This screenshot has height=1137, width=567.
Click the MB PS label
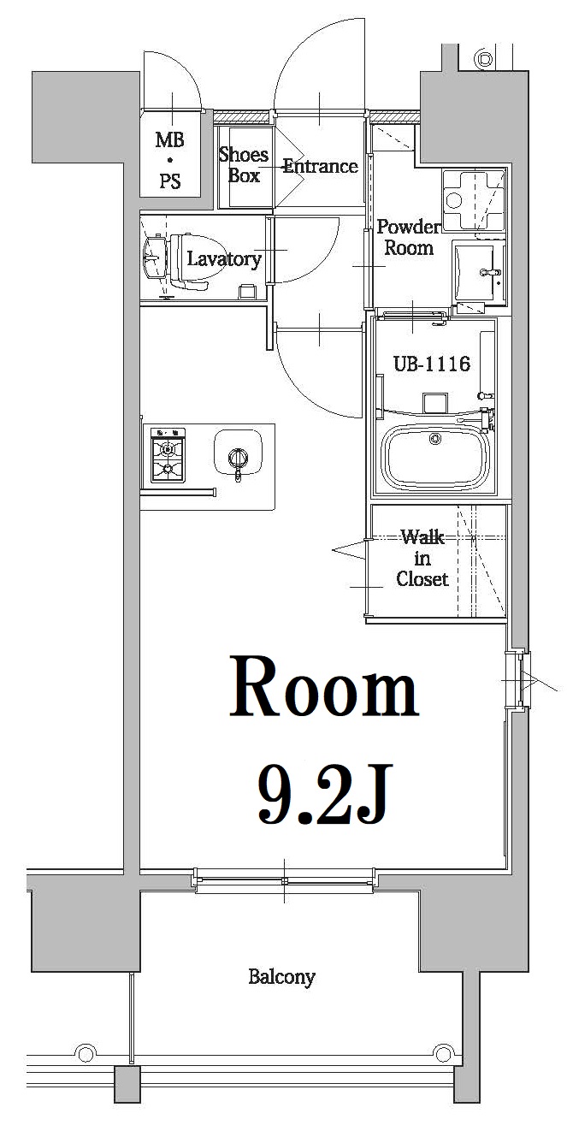point(169,160)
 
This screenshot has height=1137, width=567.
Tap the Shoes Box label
point(243,165)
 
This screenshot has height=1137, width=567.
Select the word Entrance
point(320,166)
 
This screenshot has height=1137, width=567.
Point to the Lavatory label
point(223,259)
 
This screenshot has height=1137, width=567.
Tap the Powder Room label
point(408,237)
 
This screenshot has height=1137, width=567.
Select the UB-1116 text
point(431,364)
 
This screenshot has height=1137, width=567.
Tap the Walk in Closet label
point(422,558)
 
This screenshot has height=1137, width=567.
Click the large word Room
point(323,689)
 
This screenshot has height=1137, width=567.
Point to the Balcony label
point(281,976)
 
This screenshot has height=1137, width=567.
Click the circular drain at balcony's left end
point(85,1051)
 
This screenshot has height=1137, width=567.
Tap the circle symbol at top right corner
point(486,59)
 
